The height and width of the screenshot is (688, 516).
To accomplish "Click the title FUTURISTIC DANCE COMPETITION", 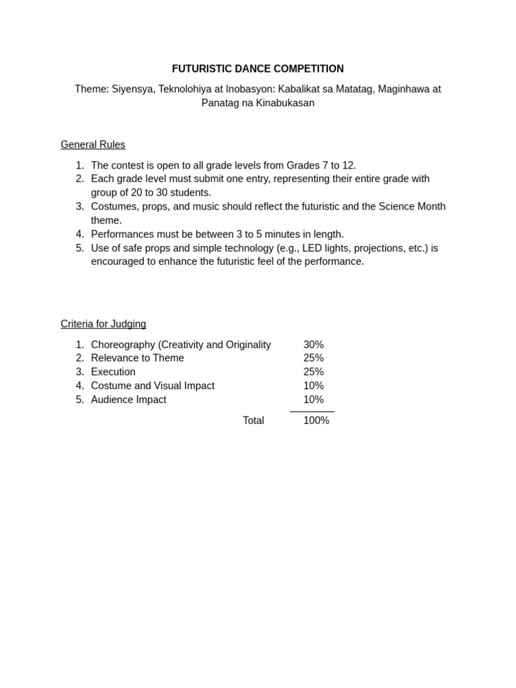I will pos(257,69).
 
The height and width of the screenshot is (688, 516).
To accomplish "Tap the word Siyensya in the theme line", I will pos(132,89).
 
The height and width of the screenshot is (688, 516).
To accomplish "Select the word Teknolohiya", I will pos(185,89).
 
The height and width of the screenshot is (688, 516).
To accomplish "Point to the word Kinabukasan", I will pos(285,103).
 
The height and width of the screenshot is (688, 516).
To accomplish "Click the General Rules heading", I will pos(93,144).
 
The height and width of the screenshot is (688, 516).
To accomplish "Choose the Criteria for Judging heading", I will pos(103,324).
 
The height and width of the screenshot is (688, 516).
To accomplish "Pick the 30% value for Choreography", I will pos(313,345).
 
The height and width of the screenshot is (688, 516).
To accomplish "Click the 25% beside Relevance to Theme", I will pos(313,358).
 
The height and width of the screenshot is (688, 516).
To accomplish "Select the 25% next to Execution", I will pos(313,372).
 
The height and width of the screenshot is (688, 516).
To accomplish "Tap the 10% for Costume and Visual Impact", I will pos(313,386).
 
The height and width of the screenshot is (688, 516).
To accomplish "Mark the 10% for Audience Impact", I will pos(313,400).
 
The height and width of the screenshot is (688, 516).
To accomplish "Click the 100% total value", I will pos(316,421).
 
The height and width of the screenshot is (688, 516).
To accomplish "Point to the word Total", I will pos(253,421).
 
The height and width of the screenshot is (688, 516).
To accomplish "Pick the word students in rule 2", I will pos(190,193).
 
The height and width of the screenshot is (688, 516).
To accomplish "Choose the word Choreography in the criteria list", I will pos(123,345).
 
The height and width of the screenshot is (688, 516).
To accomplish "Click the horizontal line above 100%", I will pos(312,411).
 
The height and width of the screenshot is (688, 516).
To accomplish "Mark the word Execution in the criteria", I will pos(113,372).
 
